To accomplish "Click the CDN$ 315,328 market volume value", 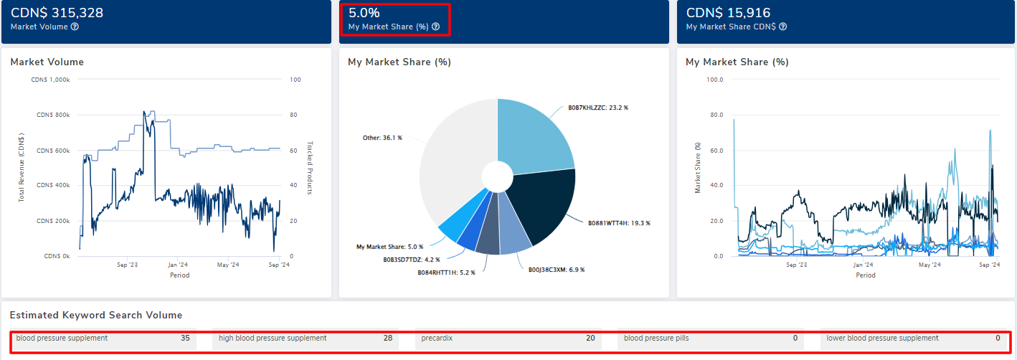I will pyautogui.click(x=57, y=12).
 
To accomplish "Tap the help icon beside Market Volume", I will pyautogui.click(x=75, y=27).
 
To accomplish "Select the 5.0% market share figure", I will pyautogui.click(x=364, y=12).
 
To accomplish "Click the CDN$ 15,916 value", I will pyautogui.click(x=728, y=12).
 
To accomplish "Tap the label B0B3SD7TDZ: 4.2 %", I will pyautogui.click(x=411, y=260).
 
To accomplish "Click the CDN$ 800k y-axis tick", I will pyautogui.click(x=53, y=115).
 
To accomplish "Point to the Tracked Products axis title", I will pyautogui.click(x=309, y=167).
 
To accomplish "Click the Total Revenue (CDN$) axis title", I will pyautogui.click(x=22, y=167).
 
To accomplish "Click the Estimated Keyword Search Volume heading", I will pyautogui.click(x=95, y=316).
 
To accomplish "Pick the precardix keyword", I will pyautogui.click(x=437, y=338).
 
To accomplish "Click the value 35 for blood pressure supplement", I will pyautogui.click(x=185, y=338).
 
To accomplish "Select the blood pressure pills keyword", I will pyautogui.click(x=656, y=338).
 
